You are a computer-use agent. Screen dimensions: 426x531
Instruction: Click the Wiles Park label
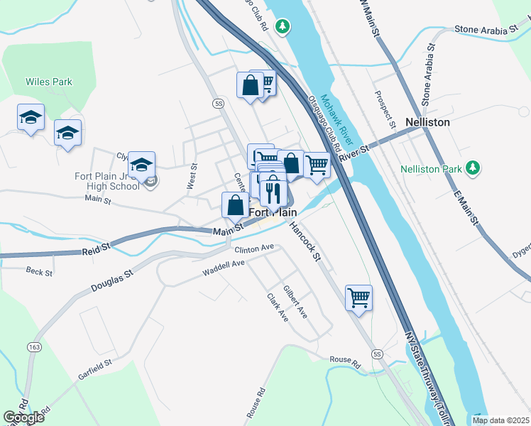coord(49,82)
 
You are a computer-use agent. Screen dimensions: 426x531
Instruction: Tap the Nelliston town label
coord(427,122)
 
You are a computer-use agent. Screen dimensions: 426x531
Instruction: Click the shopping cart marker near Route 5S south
coord(359,297)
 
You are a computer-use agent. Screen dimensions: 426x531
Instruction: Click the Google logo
coord(23,417)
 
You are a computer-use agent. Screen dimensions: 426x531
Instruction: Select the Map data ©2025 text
coord(500,420)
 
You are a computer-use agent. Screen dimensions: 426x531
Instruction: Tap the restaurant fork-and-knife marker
coord(273,192)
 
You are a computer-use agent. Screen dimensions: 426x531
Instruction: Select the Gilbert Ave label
coord(295,302)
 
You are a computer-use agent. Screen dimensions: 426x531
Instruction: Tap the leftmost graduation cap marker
coord(31,117)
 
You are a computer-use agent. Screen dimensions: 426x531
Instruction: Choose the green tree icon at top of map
coord(283,26)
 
